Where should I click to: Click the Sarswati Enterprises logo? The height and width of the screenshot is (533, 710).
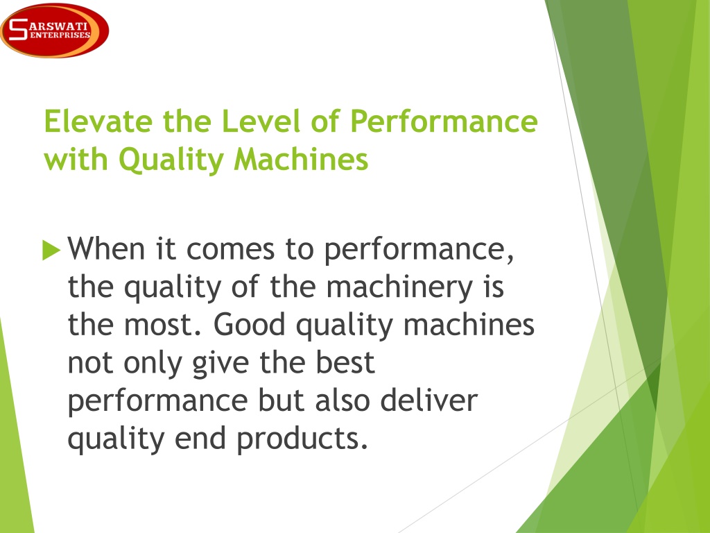54,31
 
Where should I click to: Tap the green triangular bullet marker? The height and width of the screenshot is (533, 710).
51,250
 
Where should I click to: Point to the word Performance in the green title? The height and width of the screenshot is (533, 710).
444,121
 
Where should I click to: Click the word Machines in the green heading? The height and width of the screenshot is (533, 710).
301,159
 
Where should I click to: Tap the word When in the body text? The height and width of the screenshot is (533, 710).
106,248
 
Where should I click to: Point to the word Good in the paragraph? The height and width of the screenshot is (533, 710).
249,325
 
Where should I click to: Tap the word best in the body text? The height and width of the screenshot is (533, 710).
345,362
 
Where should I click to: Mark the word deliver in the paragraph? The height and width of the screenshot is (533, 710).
428,400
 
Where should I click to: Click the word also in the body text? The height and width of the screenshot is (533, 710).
343,400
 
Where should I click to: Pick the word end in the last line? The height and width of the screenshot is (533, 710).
200,439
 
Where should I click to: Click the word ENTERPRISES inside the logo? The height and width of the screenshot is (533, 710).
60,35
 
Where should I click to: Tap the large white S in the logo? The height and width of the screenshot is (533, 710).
18,29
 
